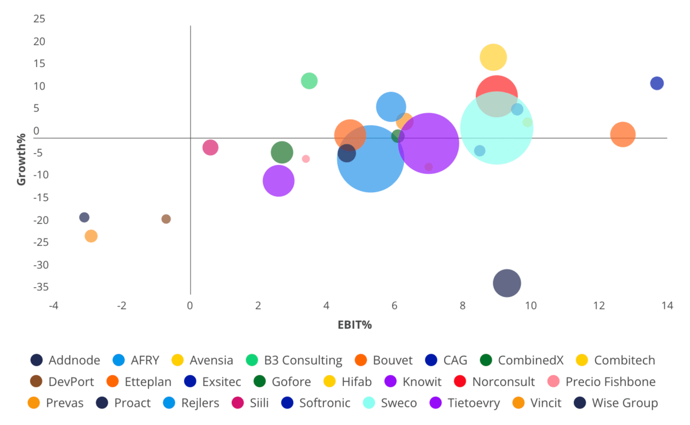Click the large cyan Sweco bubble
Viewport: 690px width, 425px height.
[x=497, y=128]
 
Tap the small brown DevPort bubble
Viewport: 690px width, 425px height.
[x=166, y=219]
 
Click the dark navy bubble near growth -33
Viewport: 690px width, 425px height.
[x=507, y=284]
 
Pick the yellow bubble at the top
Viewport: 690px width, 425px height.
[x=494, y=57]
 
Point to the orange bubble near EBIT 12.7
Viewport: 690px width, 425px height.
[x=623, y=134]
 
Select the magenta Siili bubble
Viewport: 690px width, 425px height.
[x=211, y=147]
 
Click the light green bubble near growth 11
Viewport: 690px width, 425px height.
[x=309, y=81]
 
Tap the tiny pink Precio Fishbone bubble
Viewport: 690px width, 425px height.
[x=305, y=159]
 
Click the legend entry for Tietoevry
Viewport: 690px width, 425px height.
[x=471, y=403]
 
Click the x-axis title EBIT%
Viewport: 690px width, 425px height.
[x=354, y=325]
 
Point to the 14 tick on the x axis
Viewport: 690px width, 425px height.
[x=667, y=307]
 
